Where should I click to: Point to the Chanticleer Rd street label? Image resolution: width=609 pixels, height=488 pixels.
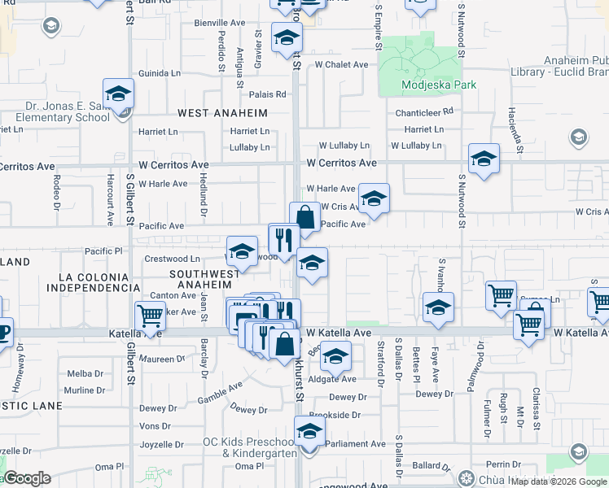422,113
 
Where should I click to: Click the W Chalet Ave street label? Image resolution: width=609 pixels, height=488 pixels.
342,64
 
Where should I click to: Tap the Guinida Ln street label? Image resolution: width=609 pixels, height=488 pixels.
159,73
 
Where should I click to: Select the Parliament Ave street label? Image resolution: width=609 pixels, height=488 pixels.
357,443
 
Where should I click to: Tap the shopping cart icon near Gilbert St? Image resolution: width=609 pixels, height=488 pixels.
150,314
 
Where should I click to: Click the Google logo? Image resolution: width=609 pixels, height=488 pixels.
27,478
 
